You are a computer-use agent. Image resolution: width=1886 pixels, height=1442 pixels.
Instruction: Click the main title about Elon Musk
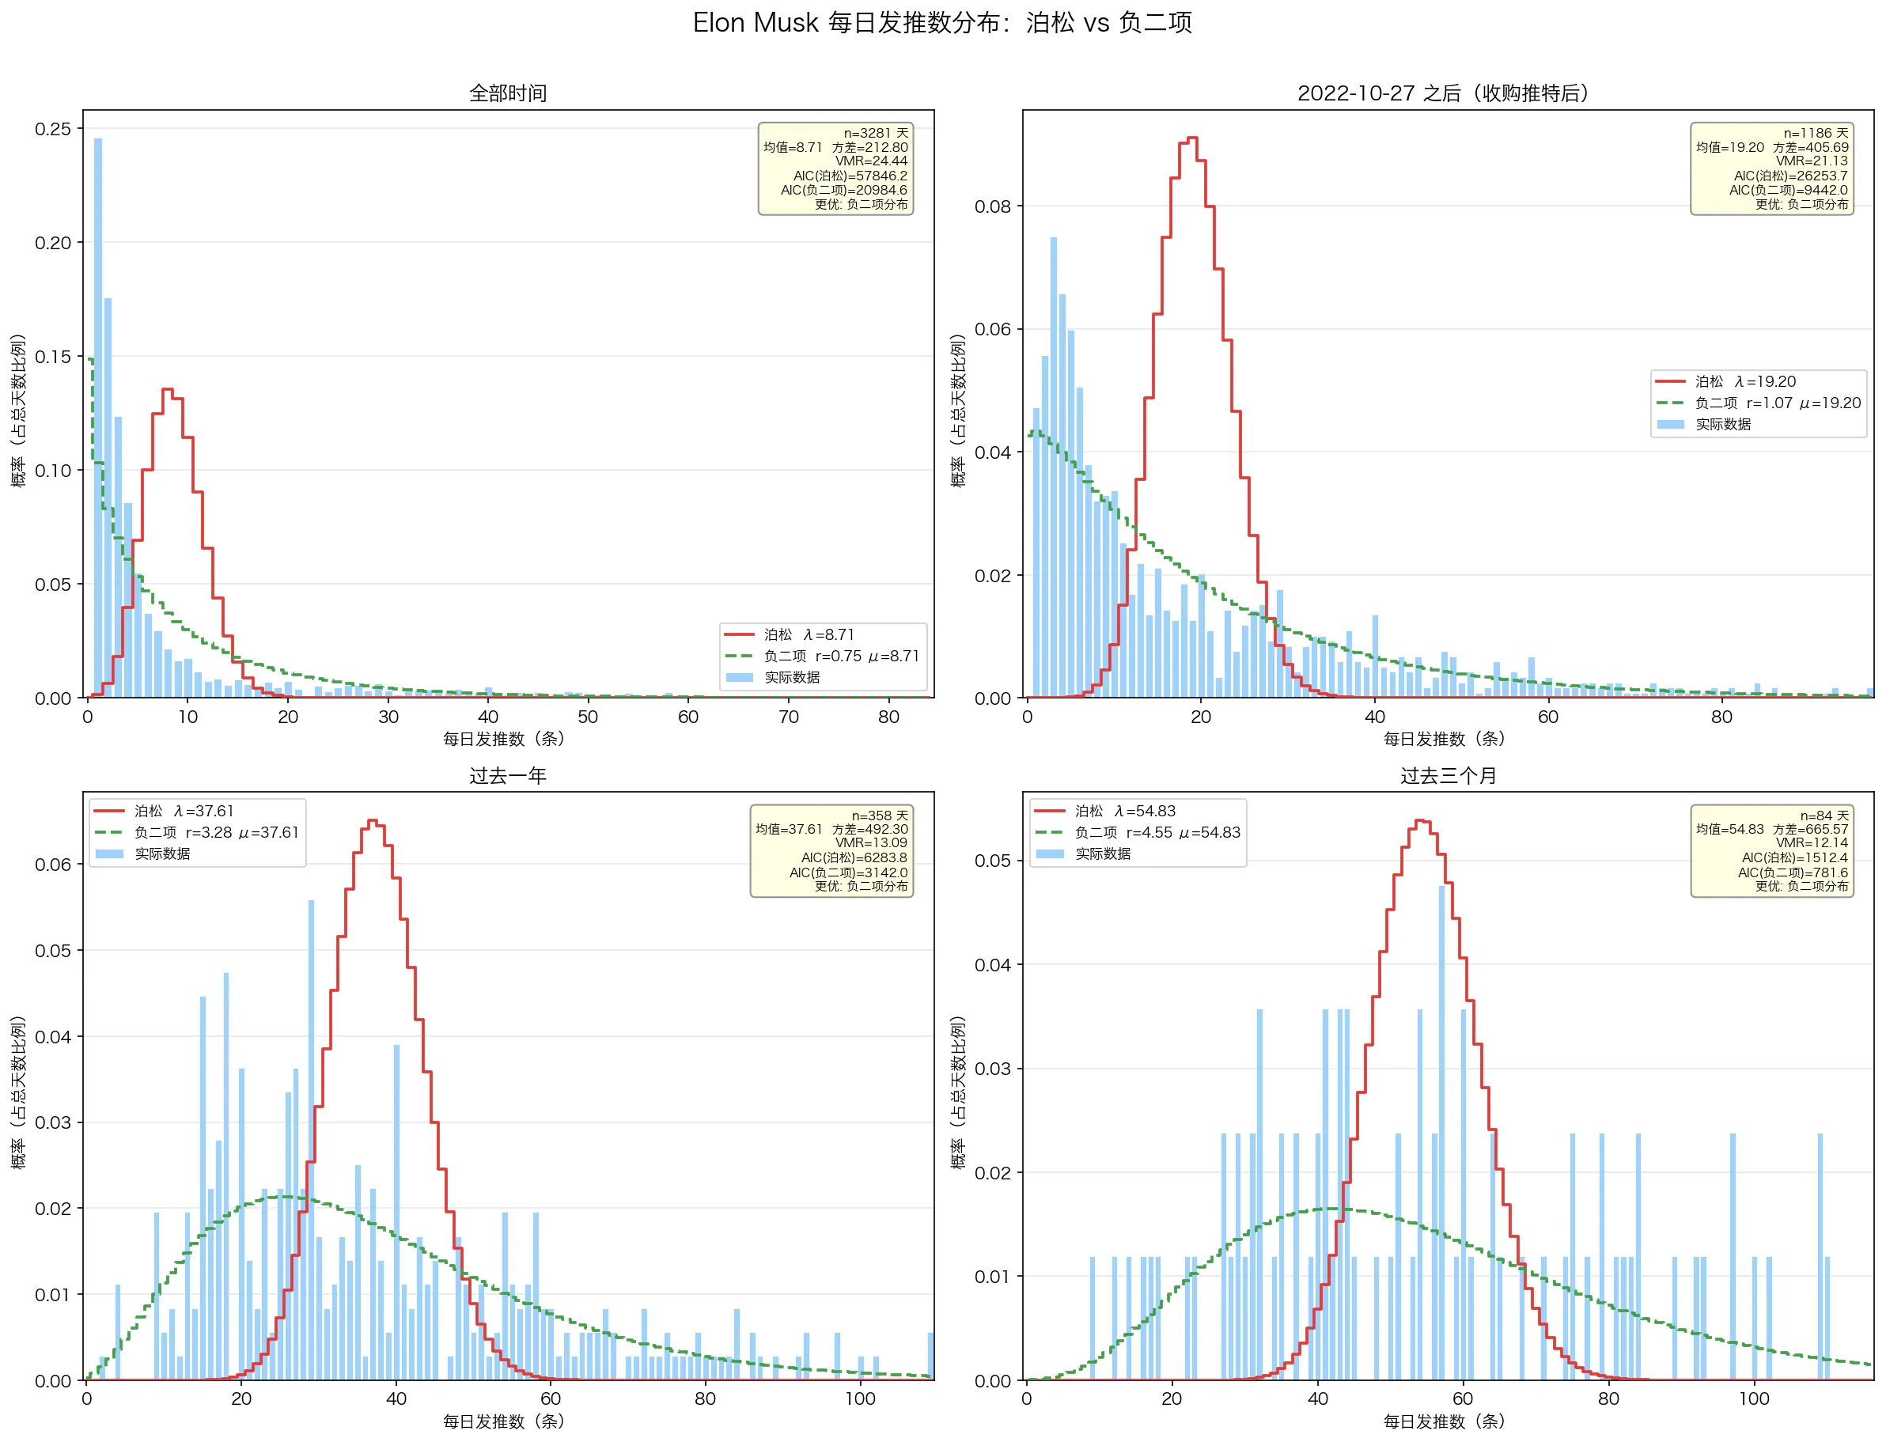(941, 23)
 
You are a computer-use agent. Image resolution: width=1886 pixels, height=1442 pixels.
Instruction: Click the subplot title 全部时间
(507, 93)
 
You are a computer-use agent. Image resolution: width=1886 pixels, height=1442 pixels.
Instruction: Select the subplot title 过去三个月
(1448, 776)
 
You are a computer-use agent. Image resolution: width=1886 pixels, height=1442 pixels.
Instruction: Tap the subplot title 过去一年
(507, 776)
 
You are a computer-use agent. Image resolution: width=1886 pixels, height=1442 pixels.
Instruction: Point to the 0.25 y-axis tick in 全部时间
(53, 129)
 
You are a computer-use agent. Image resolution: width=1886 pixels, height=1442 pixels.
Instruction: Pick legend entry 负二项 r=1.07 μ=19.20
(1777, 403)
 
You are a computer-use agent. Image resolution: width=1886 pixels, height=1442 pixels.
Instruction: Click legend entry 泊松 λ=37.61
(184, 811)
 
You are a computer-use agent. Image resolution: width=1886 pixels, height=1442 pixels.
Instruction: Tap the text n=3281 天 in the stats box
(875, 133)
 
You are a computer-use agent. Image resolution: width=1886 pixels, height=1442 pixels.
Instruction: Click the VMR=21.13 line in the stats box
(1812, 161)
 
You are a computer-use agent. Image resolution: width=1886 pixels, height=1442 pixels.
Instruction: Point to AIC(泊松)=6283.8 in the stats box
(854, 857)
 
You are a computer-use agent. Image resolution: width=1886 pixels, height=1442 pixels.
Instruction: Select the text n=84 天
(1824, 816)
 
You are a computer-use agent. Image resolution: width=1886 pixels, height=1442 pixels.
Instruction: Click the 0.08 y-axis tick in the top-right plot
(992, 206)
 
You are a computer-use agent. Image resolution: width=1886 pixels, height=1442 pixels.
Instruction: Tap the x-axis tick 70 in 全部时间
(788, 717)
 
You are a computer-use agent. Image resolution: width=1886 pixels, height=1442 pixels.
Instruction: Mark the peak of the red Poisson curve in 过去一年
(373, 820)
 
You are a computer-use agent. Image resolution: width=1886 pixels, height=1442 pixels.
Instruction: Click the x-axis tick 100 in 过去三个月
(1754, 1399)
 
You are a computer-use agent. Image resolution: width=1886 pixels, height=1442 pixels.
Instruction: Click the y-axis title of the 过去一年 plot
(19, 1092)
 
